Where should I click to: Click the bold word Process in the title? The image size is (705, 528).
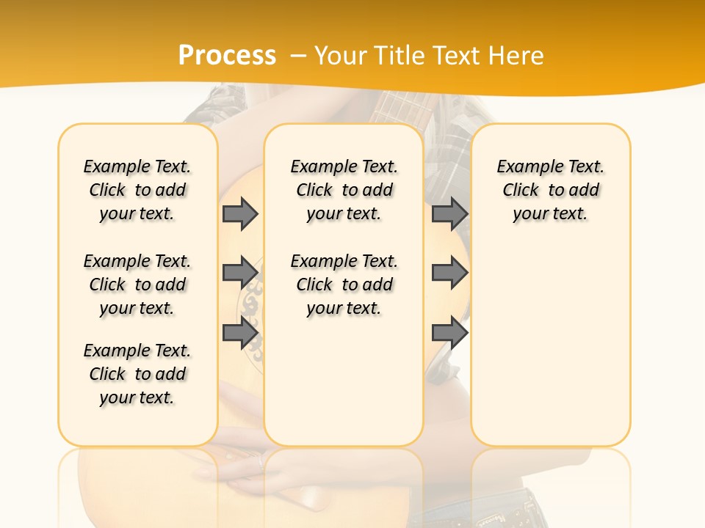(227, 56)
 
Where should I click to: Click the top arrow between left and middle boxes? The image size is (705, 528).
(240, 213)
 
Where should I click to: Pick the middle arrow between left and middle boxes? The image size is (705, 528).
(240, 273)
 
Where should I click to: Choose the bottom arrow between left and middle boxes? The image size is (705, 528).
(240, 334)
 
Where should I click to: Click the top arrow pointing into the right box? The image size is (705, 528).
(450, 213)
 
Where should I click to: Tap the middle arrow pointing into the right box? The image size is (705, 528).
(450, 273)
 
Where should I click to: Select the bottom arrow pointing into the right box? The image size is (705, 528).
(450, 334)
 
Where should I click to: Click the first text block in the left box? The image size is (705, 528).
(137, 190)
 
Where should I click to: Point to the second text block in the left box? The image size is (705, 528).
(137, 285)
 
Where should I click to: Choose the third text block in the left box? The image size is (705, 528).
(137, 374)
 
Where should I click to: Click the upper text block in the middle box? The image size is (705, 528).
(344, 190)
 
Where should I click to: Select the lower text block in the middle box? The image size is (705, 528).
(344, 285)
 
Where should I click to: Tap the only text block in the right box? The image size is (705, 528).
(551, 190)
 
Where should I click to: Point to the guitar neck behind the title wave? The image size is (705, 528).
(397, 110)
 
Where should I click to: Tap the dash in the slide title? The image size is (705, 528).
(298, 56)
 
